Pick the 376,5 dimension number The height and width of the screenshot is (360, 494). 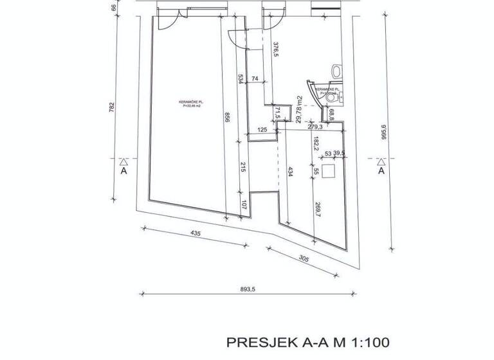(275, 50)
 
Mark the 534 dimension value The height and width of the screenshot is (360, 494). (241, 79)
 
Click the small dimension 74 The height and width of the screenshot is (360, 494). (255, 78)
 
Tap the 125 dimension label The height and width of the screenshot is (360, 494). (262, 130)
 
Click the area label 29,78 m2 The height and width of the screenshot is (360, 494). (300, 108)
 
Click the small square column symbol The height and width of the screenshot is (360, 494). (330, 171)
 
